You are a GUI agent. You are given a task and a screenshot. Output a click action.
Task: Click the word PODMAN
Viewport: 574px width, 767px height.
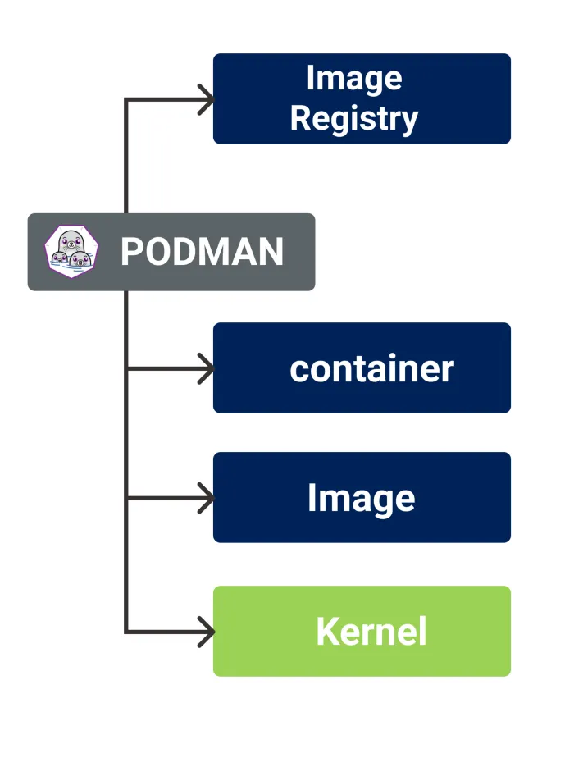click(x=202, y=252)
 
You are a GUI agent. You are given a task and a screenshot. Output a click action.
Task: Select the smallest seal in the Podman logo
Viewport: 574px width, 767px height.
click(x=59, y=260)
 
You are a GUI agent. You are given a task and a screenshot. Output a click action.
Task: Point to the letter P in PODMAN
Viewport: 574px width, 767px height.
click(x=133, y=252)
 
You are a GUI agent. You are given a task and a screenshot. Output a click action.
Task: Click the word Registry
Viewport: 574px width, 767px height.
click(x=353, y=118)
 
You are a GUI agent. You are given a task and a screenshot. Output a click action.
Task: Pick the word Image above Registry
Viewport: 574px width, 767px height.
click(x=353, y=79)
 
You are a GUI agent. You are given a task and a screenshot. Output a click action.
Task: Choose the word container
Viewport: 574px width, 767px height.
click(x=371, y=368)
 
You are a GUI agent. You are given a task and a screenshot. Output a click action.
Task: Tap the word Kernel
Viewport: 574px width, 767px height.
click(x=371, y=632)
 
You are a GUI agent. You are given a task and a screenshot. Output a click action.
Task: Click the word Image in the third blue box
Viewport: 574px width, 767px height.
click(x=361, y=498)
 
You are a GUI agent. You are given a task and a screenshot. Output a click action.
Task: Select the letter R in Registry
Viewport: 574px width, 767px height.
click(x=301, y=118)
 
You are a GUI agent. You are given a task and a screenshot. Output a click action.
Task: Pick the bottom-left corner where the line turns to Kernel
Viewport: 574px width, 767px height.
click(x=125, y=632)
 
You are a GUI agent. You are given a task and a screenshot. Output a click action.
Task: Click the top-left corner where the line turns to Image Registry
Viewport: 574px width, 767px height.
click(x=125, y=99)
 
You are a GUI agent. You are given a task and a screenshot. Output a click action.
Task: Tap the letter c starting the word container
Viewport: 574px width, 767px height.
click(x=298, y=370)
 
